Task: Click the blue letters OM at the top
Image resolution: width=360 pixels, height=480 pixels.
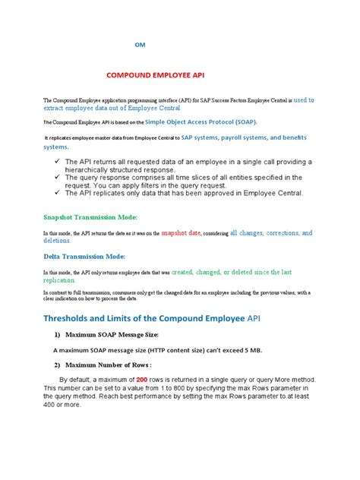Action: [140, 45]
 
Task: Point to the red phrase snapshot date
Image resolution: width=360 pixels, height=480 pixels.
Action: [182, 234]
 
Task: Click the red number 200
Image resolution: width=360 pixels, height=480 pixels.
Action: [163, 379]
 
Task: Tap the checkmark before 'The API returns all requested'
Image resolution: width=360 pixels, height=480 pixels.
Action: [58, 162]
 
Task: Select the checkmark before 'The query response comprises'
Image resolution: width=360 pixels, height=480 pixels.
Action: [58, 176]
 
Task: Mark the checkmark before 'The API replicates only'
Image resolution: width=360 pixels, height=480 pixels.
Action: [58, 193]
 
